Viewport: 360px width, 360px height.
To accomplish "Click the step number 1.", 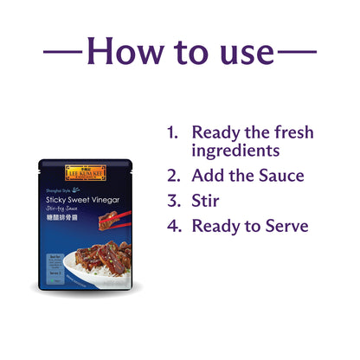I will pos(172,133).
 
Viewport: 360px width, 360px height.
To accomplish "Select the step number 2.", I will pos(173,177).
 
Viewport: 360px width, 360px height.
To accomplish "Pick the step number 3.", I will pos(173,202).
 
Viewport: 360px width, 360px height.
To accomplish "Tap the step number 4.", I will pos(173,227).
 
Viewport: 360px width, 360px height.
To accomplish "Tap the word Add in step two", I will pos(209,177).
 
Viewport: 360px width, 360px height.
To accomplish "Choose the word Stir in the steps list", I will pos(206,202).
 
